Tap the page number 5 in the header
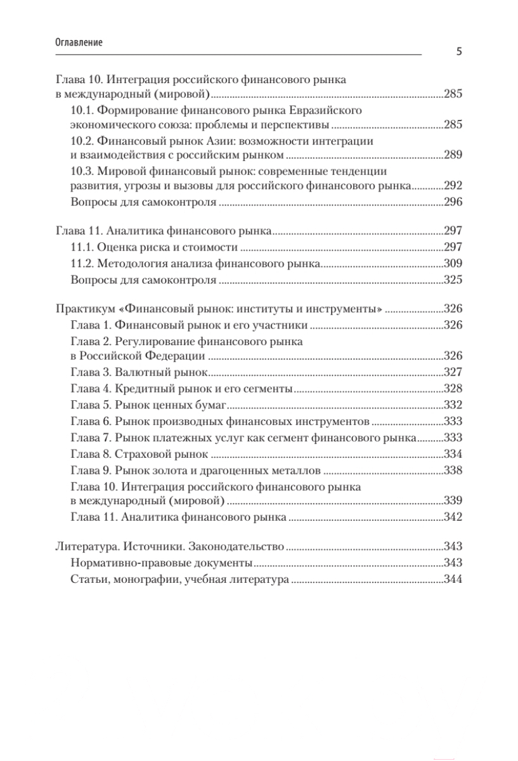click(458, 53)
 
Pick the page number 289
click(453, 155)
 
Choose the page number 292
click(453, 185)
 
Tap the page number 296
click(453, 203)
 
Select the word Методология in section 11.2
click(137, 262)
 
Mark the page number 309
click(453, 263)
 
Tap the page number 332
click(453, 403)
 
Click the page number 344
click(453, 578)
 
